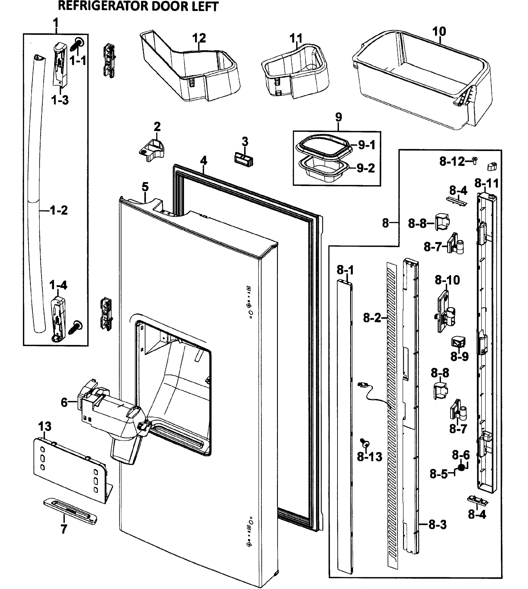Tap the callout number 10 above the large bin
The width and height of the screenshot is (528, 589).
[439, 31]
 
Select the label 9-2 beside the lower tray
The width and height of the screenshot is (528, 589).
[366, 168]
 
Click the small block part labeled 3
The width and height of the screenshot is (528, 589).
[243, 160]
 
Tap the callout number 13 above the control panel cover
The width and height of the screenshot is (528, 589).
[45, 426]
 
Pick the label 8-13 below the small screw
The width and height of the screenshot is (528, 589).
[369, 457]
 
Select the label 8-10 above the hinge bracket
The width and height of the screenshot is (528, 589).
[447, 280]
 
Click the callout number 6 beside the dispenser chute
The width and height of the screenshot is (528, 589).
[64, 402]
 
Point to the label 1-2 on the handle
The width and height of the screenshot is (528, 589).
[59, 210]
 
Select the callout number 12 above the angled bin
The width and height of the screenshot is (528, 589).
[199, 38]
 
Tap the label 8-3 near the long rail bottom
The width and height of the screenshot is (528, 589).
[437, 525]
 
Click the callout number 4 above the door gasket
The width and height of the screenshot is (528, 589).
[204, 161]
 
